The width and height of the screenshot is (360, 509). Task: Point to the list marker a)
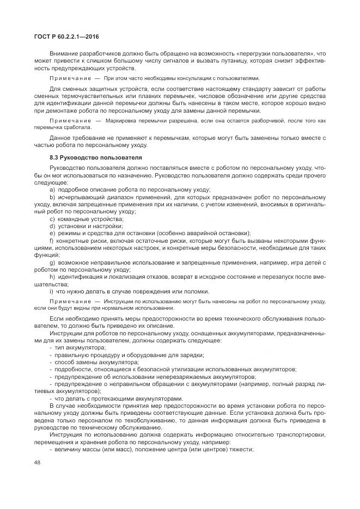pos(52,189)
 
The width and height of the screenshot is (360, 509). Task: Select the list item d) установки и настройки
pos(86,225)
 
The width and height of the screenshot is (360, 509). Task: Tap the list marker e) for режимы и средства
pos(52,233)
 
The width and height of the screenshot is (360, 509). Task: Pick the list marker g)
pos(52,262)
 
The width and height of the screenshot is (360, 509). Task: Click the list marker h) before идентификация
pos(52,277)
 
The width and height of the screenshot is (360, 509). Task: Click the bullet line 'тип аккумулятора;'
pos(79,347)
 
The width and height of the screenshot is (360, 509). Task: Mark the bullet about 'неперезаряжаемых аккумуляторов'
pos(154,376)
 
